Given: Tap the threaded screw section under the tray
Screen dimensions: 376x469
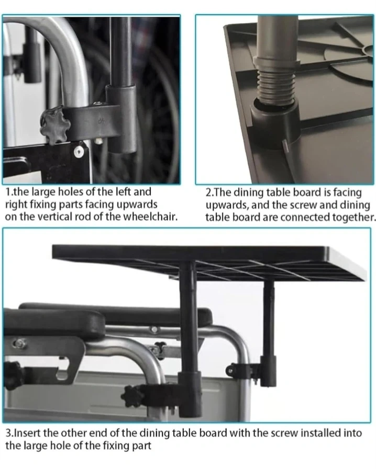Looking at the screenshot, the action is (x=275, y=87).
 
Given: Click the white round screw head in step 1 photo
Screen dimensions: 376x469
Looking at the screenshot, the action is (x=79, y=151).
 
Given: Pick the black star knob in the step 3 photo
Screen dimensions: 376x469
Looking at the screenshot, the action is (x=132, y=395).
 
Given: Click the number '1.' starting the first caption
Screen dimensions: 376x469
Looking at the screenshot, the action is (x=9, y=192).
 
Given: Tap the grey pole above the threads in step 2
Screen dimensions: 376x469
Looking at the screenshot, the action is (x=277, y=38).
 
